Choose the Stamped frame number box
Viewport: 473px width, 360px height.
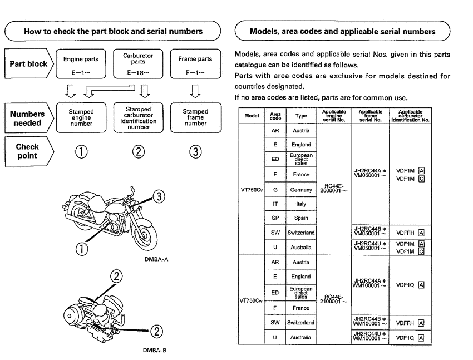[195, 115]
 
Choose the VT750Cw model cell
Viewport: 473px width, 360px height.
[249, 300]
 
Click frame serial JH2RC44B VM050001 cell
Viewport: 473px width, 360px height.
[370, 232]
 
